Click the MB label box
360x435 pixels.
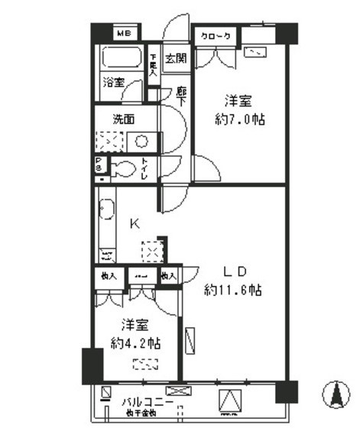123,34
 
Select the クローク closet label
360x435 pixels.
216,35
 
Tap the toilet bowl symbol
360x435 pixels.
122,168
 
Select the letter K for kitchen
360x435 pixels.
134,224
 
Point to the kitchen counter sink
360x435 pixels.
106,209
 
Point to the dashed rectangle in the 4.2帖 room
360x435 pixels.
145,363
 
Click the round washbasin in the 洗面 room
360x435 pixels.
141,141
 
